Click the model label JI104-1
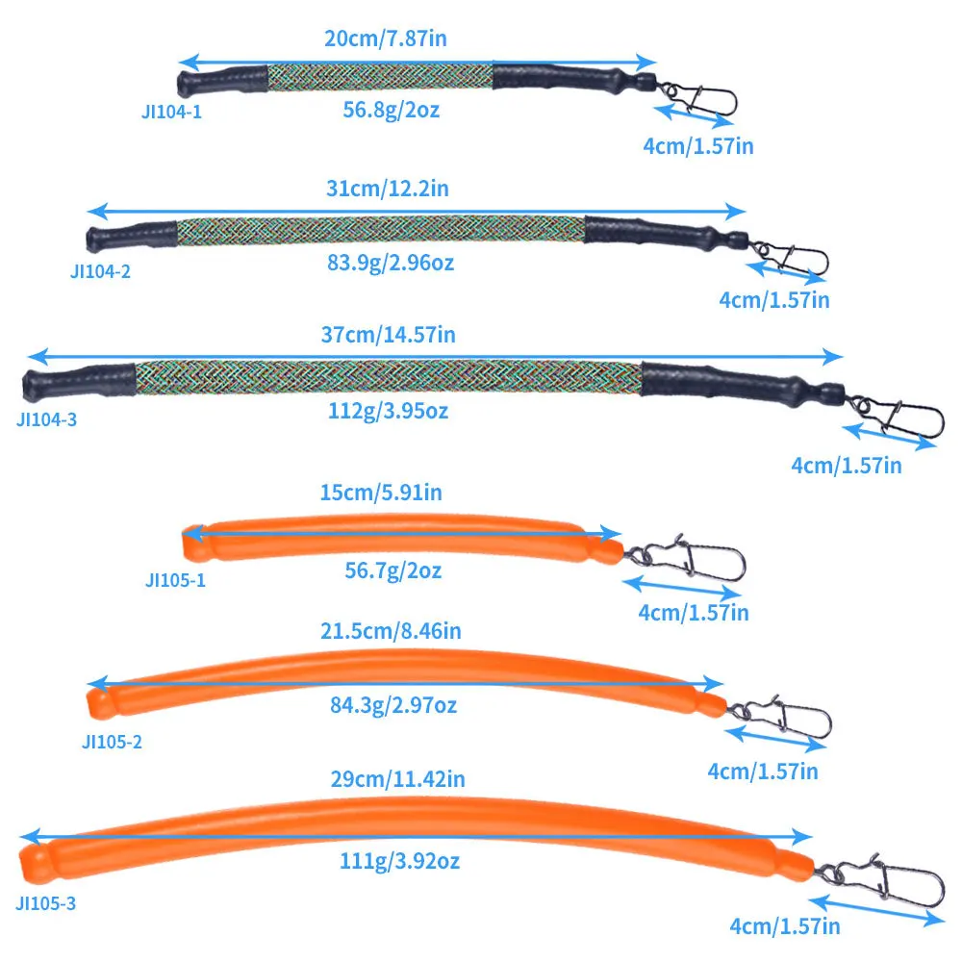(x=172, y=113)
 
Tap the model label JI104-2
(x=101, y=271)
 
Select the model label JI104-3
(x=46, y=419)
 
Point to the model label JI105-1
(x=175, y=580)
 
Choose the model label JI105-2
(x=112, y=742)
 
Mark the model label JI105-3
(x=46, y=903)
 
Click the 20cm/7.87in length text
(x=386, y=38)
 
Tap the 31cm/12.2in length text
(x=387, y=189)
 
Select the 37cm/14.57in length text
(x=389, y=335)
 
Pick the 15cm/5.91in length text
(x=381, y=493)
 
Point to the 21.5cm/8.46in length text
(x=391, y=631)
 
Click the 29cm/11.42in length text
(x=398, y=779)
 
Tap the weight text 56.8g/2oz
(x=392, y=111)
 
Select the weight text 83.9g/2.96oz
(x=391, y=264)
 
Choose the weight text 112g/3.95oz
(x=389, y=411)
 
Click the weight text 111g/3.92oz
(x=399, y=861)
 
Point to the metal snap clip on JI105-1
(x=686, y=558)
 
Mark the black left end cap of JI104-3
(x=79, y=382)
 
